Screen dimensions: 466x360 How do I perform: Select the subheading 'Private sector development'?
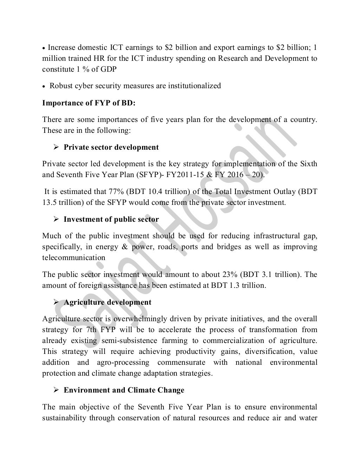coord(111,147)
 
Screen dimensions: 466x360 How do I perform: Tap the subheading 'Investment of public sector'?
coord(111,219)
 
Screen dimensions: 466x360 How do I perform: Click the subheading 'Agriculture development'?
coord(108,302)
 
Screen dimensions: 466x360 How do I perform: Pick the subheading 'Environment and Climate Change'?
coord(124,390)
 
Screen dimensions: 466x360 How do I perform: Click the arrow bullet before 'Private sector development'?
coord(56,147)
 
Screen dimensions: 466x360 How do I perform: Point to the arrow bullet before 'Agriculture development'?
coord(56,302)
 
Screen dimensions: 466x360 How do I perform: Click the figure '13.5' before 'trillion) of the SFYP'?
coord(50,202)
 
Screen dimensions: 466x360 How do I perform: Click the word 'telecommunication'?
coord(73,258)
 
